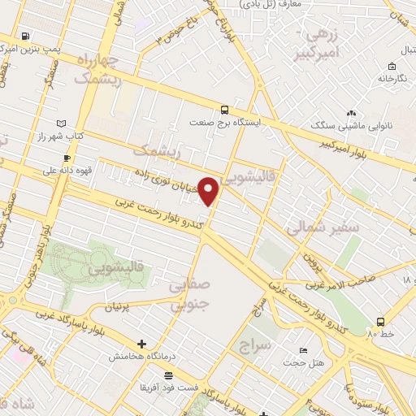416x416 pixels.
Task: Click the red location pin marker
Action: tap(210, 191)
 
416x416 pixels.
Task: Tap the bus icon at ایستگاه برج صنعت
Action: tap(225, 110)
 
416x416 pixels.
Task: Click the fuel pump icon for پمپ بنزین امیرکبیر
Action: tap(27, 37)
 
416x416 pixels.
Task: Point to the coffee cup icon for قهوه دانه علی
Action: tap(67, 158)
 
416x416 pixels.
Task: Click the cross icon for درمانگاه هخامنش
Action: tap(142, 344)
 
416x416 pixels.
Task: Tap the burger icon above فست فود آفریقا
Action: tap(168, 375)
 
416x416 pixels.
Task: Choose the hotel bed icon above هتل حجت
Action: tap(303, 350)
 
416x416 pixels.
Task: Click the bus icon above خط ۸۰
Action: tap(382, 322)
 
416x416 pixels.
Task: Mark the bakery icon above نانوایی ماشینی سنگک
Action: tap(351, 114)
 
